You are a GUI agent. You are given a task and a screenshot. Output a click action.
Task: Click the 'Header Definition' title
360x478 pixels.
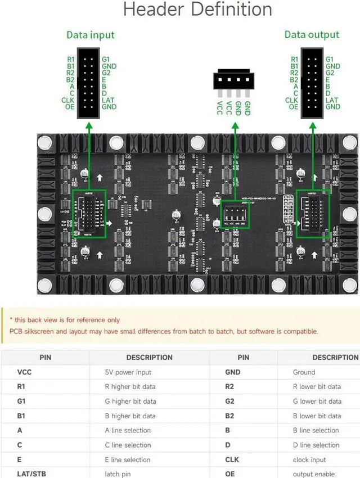tap(197, 10)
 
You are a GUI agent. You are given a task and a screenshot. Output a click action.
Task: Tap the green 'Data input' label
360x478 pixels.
tap(90, 35)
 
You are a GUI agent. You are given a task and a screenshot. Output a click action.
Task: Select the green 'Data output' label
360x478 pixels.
tap(312, 35)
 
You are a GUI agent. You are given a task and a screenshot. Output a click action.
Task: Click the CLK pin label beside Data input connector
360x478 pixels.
tap(68, 100)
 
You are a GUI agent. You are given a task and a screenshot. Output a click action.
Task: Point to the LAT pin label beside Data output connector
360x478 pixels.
tap(332, 100)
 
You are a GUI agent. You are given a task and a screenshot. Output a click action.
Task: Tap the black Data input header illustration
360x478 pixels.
tap(89, 83)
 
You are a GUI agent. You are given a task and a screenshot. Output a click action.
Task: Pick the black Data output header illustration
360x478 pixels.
tap(312, 83)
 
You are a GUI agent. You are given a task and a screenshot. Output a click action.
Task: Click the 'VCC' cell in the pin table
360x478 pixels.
tap(25, 372)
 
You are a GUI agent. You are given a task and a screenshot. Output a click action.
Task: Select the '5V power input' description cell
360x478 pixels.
tap(128, 372)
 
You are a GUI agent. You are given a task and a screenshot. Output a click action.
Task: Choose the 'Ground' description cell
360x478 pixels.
tap(304, 372)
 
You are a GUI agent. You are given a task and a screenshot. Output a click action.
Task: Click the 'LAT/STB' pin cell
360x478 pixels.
tap(31, 474)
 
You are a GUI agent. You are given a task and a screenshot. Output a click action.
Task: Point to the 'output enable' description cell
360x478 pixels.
tap(314, 474)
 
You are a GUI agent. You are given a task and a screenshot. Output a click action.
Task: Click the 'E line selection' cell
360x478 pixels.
tap(128, 459)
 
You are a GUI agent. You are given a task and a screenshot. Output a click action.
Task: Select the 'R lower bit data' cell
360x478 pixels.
tap(317, 387)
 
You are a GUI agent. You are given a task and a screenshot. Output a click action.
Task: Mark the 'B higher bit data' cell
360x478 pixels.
tap(130, 416)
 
